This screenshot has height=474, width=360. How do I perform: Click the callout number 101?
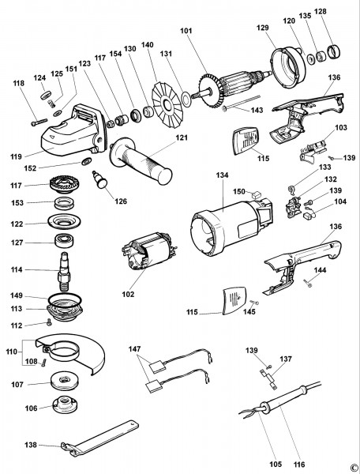click(186, 32)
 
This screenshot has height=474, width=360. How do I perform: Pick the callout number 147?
click(135, 348)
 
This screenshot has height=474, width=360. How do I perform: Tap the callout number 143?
click(257, 110)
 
